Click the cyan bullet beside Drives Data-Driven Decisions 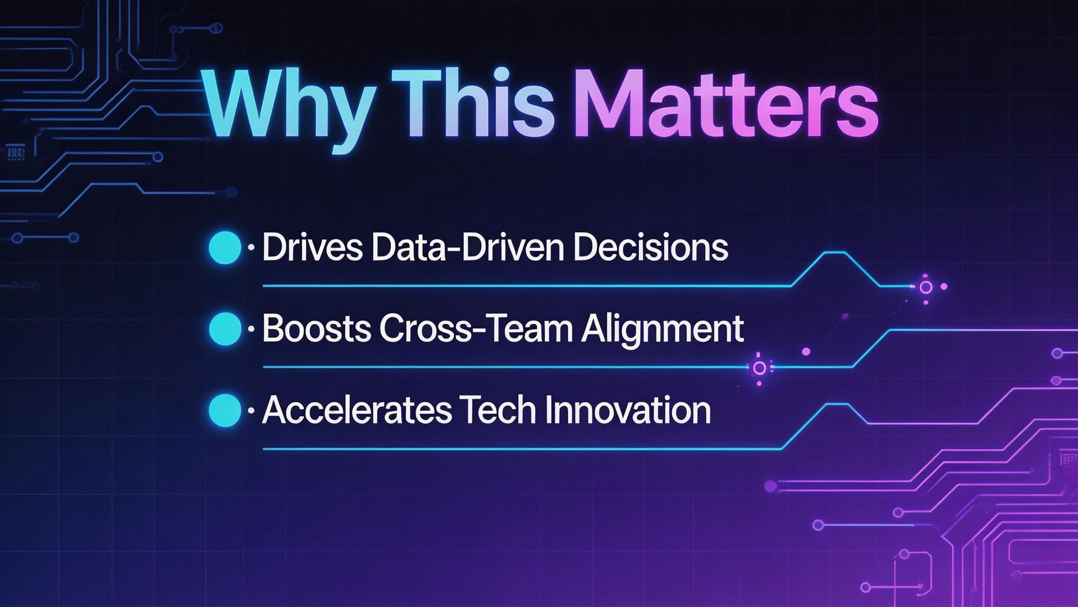[x=225, y=247]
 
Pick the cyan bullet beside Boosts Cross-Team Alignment [x=225, y=328]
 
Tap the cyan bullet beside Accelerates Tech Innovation [x=225, y=410]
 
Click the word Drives [x=312, y=247]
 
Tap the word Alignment [x=663, y=329]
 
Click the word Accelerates [x=357, y=410]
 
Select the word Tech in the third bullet [x=497, y=410]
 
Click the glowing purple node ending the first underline [x=926, y=287]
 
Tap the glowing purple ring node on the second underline [x=759, y=368]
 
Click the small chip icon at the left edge [x=15, y=152]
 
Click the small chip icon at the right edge [x=1067, y=458]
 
